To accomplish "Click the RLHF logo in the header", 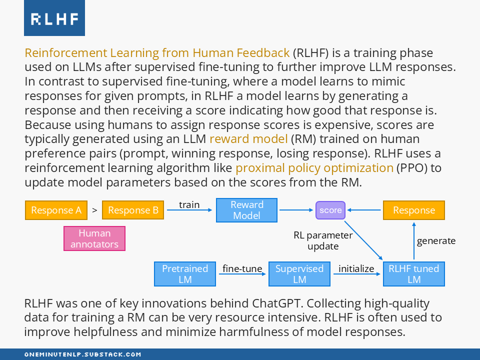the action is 54,18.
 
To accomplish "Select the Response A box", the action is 56,210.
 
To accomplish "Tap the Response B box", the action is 133,210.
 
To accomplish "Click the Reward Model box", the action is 247,210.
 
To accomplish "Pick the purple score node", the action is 330,210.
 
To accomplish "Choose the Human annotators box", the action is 94,238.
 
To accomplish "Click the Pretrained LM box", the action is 185,274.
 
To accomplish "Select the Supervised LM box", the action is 299,274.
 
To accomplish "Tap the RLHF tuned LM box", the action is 414,274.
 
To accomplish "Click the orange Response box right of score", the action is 414,210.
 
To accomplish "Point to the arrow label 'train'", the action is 189,204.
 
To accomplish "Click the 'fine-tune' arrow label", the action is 242,268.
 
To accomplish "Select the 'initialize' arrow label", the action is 356,268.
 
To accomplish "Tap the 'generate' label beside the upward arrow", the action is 436,240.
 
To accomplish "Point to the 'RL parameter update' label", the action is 323,240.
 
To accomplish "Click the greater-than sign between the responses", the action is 94,210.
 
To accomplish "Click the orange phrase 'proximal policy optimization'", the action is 314,167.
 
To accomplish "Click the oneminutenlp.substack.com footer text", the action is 83,354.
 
